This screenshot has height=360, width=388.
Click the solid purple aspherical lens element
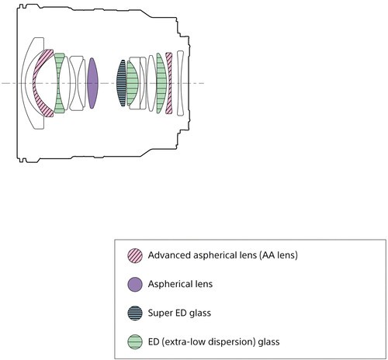tap(92, 83)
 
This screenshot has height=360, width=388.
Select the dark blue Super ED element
tap(121, 83)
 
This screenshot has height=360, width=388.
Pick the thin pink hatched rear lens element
tap(169, 83)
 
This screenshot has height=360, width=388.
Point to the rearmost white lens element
tap(180, 83)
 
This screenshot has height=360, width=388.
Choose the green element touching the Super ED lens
tap(132, 83)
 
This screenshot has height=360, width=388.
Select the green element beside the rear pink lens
tap(161, 83)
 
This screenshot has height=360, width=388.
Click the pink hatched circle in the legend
tap(135, 255)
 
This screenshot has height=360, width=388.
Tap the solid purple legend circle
tap(135, 285)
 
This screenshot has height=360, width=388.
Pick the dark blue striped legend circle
tap(135, 313)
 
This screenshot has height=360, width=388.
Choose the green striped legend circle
tap(135, 342)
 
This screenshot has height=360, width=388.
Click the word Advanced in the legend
tap(169, 255)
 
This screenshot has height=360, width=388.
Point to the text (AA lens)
tap(278, 255)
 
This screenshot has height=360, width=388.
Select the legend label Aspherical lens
tap(180, 284)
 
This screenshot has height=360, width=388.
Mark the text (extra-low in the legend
tap(184, 342)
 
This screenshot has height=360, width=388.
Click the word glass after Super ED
tap(200, 313)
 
